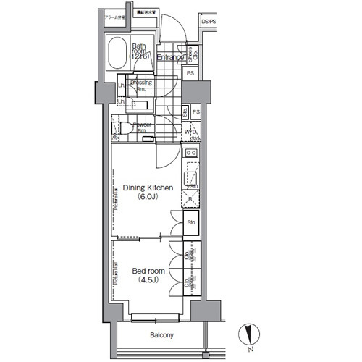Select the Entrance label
(x=170, y=57)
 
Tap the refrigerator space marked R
(x=191, y=198)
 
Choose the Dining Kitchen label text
(x=147, y=188)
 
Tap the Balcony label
(x=161, y=335)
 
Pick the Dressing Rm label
(x=140, y=85)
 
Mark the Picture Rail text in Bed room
(x=115, y=279)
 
